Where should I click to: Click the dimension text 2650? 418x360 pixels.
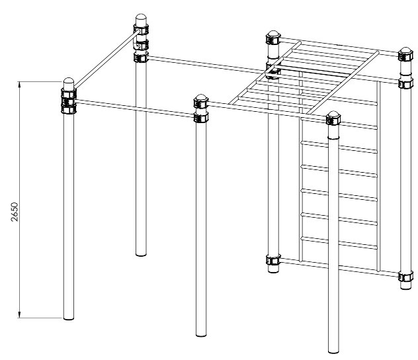(x=15, y=212)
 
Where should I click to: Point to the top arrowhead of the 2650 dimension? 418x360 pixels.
(x=19, y=85)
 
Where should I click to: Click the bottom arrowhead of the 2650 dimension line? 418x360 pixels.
(x=19, y=314)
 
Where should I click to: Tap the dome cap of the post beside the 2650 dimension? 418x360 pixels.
(x=69, y=82)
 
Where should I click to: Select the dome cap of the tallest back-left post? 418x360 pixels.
(x=141, y=19)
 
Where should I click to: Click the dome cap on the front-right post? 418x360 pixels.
(x=333, y=115)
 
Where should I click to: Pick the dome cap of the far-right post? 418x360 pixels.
(x=405, y=51)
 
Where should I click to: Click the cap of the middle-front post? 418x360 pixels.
(x=201, y=98)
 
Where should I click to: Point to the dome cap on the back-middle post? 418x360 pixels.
(x=273, y=34)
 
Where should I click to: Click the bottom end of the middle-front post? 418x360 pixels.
(x=201, y=334)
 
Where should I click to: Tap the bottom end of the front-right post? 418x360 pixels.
(x=333, y=351)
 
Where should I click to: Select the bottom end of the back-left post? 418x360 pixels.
(x=141, y=254)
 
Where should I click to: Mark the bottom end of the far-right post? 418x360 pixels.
(x=405, y=287)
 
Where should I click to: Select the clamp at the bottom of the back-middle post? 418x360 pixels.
(x=273, y=259)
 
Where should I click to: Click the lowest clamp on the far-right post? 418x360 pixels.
(x=406, y=276)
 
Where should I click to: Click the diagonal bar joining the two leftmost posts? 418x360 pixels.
(x=106, y=59)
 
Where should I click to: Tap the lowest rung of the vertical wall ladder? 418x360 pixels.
(x=339, y=243)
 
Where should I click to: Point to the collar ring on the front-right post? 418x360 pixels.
(x=333, y=138)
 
